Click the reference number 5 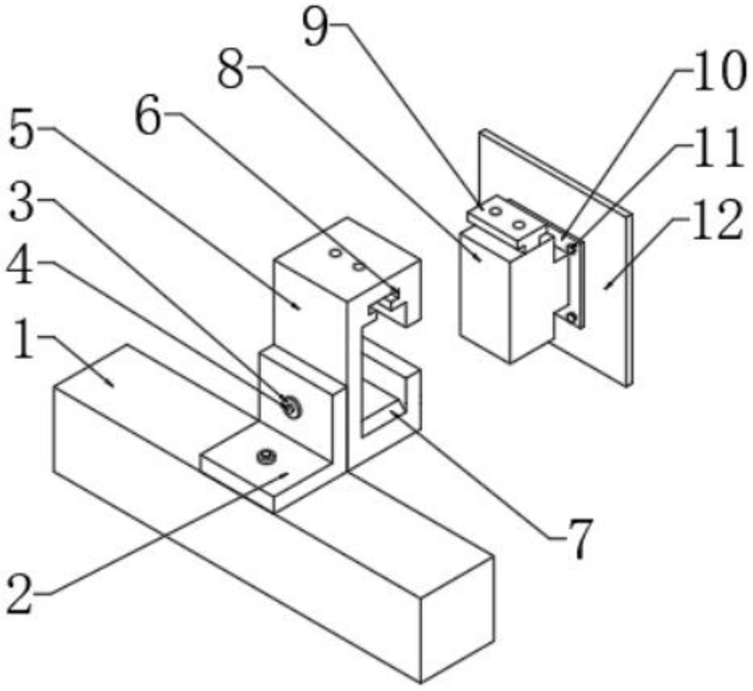[23, 131]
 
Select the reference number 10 [719, 73]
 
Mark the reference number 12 [716, 220]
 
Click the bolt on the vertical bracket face [291, 406]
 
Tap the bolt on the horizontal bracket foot [266, 456]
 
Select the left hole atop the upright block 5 [336, 253]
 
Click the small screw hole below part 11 [571, 317]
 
